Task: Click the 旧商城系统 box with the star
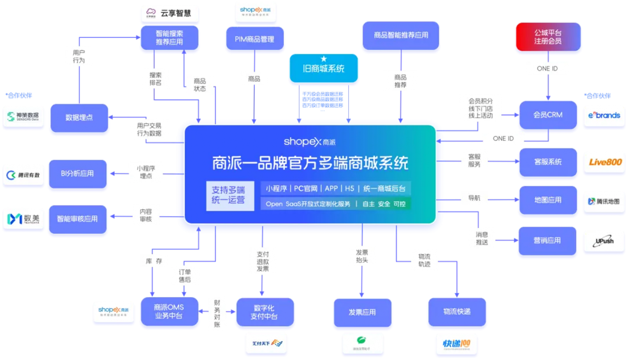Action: (323, 68)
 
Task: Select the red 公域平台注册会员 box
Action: (548, 37)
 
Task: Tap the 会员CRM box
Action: (547, 115)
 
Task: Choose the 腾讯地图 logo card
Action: (604, 201)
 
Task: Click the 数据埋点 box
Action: (79, 118)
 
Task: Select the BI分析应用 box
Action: (77, 173)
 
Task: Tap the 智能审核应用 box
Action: (77, 219)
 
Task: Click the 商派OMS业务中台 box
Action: (169, 312)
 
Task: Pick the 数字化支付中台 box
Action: (264, 312)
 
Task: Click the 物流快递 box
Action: (457, 312)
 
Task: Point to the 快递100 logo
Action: (456, 343)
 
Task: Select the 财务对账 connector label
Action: (217, 313)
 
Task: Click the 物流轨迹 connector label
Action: (424, 260)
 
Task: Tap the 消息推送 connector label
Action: (482, 238)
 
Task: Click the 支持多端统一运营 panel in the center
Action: (230, 196)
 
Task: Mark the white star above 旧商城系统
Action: (324, 59)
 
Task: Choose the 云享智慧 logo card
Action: (170, 13)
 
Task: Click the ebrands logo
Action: (604, 115)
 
